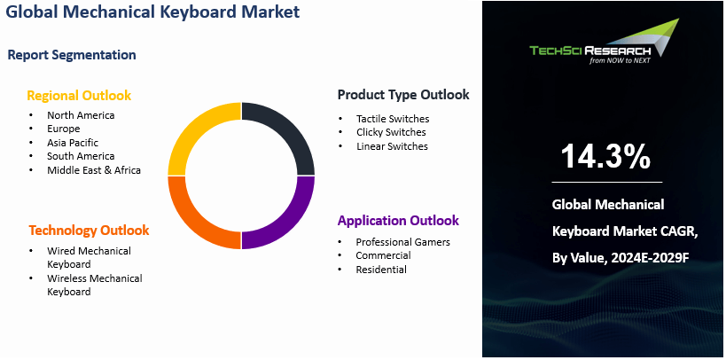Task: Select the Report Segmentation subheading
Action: pos(72,55)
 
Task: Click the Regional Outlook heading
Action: pos(79,96)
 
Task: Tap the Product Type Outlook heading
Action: pos(403,95)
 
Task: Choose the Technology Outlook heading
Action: pos(89,231)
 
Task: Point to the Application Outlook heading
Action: pos(398,221)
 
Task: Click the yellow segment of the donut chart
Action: pos(197,133)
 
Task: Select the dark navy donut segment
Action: pos(285,133)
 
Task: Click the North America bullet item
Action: pos(81,115)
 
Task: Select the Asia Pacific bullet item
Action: pos(73,143)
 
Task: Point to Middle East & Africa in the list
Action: pos(94,170)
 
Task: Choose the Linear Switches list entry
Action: pos(392,146)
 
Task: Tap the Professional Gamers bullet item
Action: pos(402,242)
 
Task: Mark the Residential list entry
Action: pos(381,270)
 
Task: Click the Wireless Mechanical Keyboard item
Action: pos(94,285)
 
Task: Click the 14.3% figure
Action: pos(605,156)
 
